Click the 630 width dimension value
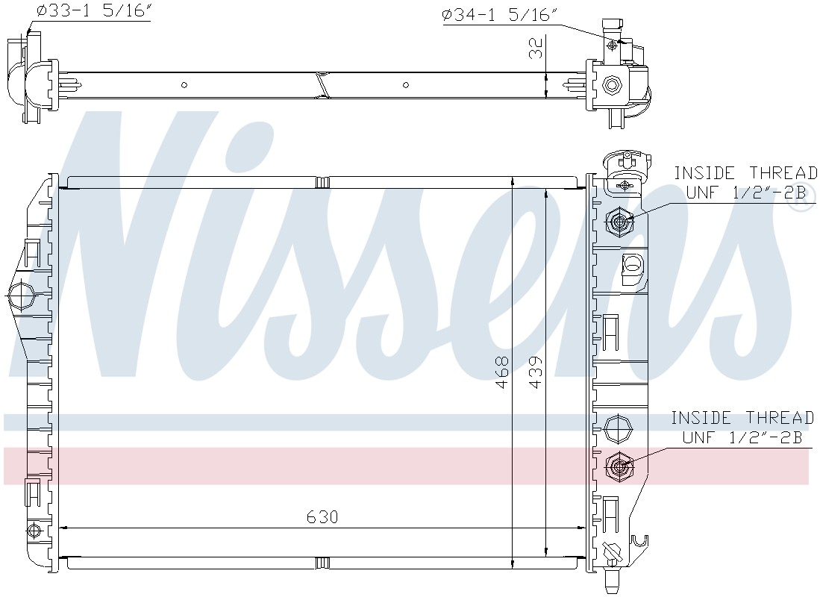pos(322,517)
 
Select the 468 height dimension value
pos(501,372)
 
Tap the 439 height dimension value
pos(536,372)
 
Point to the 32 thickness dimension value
pos(536,48)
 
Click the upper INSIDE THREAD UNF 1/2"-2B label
pos(745,183)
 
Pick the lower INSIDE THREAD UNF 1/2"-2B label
pos(742,428)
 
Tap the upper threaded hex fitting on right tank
pos(620,222)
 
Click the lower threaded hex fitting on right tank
pos(620,466)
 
